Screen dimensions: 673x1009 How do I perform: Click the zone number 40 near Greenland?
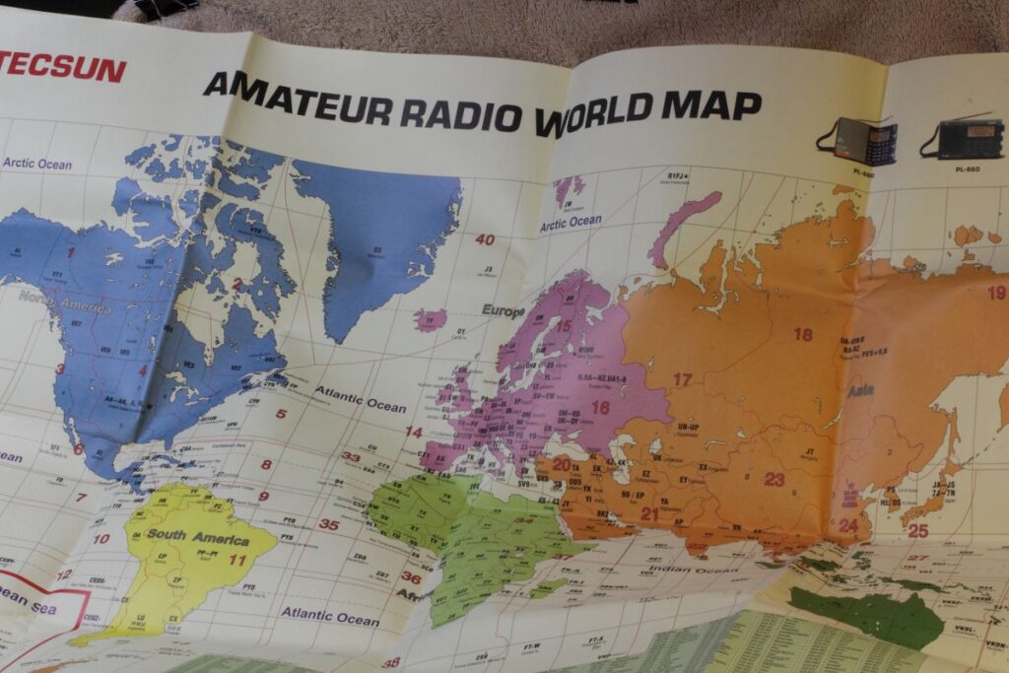coord(485,239)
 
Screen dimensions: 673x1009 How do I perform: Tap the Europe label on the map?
coord(503,310)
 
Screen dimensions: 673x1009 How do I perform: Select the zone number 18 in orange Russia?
coord(803,334)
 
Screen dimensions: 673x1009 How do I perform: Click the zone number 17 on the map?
coord(683,379)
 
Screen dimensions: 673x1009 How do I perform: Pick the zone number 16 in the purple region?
coord(600,407)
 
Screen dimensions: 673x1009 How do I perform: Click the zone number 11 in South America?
coord(237,560)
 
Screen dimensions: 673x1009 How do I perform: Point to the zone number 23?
coord(774,480)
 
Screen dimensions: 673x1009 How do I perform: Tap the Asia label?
coord(860,390)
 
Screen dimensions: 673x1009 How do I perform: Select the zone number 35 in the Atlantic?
coord(328,525)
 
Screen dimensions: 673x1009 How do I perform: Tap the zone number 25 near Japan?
coord(917,530)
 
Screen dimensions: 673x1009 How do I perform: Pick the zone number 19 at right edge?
coord(996,293)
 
